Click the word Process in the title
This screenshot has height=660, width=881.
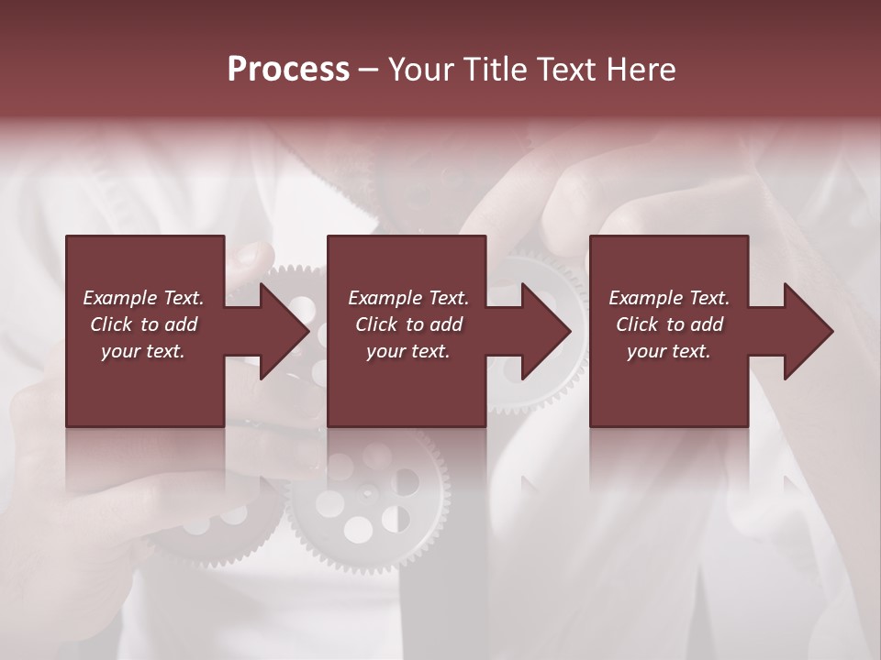tap(288, 70)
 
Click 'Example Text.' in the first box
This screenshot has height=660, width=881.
tap(143, 298)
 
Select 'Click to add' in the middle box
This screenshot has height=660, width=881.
tap(408, 324)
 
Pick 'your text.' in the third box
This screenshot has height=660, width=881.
tap(669, 351)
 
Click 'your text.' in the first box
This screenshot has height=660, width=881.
tap(143, 351)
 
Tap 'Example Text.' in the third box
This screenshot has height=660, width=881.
tap(669, 298)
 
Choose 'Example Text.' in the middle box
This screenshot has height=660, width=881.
tap(408, 298)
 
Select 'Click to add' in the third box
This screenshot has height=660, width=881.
tap(669, 324)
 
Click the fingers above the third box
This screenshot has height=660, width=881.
tap(587, 197)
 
